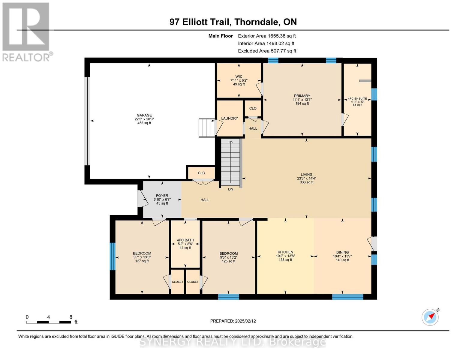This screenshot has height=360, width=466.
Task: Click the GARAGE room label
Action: [144, 115]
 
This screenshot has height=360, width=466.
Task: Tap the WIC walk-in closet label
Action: [239, 76]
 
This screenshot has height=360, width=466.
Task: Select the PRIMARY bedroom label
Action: [302, 96]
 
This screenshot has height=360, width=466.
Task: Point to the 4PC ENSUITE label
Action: [357, 98]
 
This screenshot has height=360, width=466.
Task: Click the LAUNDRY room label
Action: [230, 118]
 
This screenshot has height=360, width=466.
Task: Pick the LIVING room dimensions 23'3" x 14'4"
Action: [306, 178]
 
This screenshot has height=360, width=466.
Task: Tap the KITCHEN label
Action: [285, 252]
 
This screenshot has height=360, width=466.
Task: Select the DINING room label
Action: [342, 252]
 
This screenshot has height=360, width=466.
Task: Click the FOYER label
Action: [162, 196]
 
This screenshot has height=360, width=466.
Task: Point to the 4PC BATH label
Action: [185, 240]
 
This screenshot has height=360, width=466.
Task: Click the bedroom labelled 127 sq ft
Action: [142, 257]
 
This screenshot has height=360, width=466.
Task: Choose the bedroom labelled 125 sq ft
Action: [228, 257]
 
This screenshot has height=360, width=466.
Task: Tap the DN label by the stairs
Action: [230, 189]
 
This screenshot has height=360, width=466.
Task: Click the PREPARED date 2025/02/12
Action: [233, 321]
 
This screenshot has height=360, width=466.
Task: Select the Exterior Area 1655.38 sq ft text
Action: [267, 36]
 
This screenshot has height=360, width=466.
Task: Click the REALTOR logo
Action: [26, 31]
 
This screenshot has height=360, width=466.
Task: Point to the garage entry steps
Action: [207, 128]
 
